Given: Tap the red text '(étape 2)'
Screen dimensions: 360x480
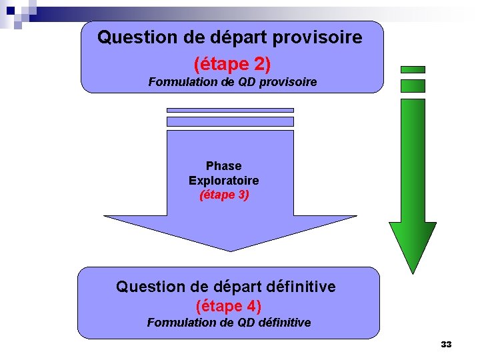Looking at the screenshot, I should (232, 64).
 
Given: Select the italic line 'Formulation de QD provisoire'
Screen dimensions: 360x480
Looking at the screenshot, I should (232, 82).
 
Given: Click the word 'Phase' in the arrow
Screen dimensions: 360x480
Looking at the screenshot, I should (223, 165).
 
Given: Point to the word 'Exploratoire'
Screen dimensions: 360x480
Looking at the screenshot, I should (223, 181).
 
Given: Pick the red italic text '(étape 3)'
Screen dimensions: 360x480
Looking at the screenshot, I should (223, 195).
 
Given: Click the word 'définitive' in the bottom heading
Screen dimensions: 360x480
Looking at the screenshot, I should (298, 287).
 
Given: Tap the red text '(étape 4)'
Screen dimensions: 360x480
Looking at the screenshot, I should (228, 306).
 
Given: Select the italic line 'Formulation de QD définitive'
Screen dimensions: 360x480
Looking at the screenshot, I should (229, 323).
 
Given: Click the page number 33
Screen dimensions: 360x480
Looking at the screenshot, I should (446, 345).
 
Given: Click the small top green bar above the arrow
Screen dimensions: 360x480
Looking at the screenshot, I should (412, 69).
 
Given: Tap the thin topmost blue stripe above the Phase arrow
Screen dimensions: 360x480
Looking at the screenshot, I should (230, 110).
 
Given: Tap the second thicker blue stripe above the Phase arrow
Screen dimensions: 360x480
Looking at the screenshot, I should (230, 121).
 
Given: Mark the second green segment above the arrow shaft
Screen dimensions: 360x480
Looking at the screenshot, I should (412, 85).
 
